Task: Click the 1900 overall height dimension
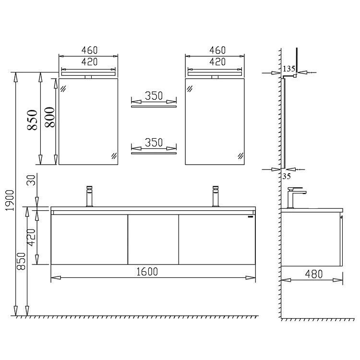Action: [x=10, y=200]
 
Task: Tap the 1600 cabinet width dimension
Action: [x=147, y=272]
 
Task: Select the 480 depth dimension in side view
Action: [x=314, y=274]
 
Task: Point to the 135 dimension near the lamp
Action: [x=289, y=69]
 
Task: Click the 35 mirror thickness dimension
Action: [x=287, y=176]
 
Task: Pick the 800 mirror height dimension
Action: [x=50, y=117]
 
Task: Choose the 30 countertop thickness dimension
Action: [x=32, y=180]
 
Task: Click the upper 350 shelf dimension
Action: [x=154, y=96]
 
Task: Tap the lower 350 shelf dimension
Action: [x=154, y=143]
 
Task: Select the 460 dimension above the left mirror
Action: [x=90, y=50]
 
